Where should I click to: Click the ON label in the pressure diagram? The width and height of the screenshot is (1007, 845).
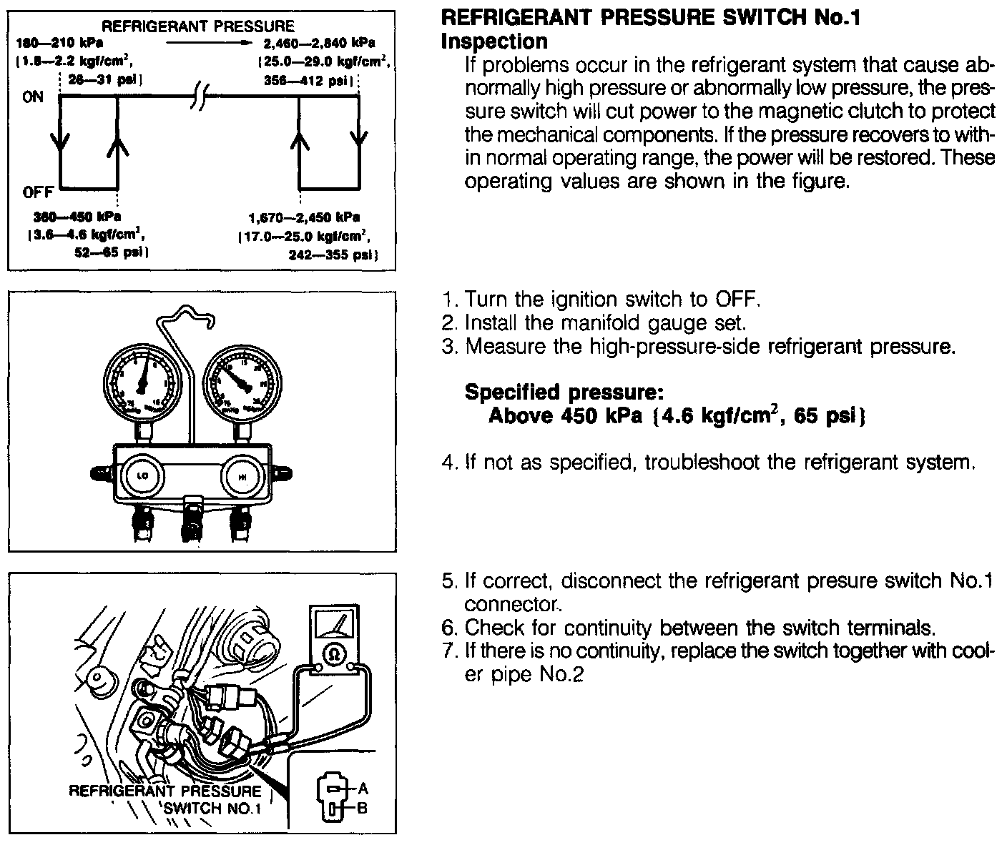coord(33,97)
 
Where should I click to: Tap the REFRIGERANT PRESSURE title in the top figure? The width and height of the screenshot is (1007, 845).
coord(198,26)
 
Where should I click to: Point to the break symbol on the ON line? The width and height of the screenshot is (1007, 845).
coord(199,97)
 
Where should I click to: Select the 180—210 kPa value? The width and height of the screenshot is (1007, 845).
coord(59,43)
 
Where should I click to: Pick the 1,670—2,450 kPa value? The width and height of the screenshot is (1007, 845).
coord(305,217)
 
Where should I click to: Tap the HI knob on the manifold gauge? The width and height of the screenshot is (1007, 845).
coord(243,476)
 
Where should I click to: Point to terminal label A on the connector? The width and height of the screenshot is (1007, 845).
coord(363,789)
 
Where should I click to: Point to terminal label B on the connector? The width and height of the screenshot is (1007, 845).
coord(363,809)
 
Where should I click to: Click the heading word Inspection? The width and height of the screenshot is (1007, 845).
coord(494,41)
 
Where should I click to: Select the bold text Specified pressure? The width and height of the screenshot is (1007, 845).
coord(564,392)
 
